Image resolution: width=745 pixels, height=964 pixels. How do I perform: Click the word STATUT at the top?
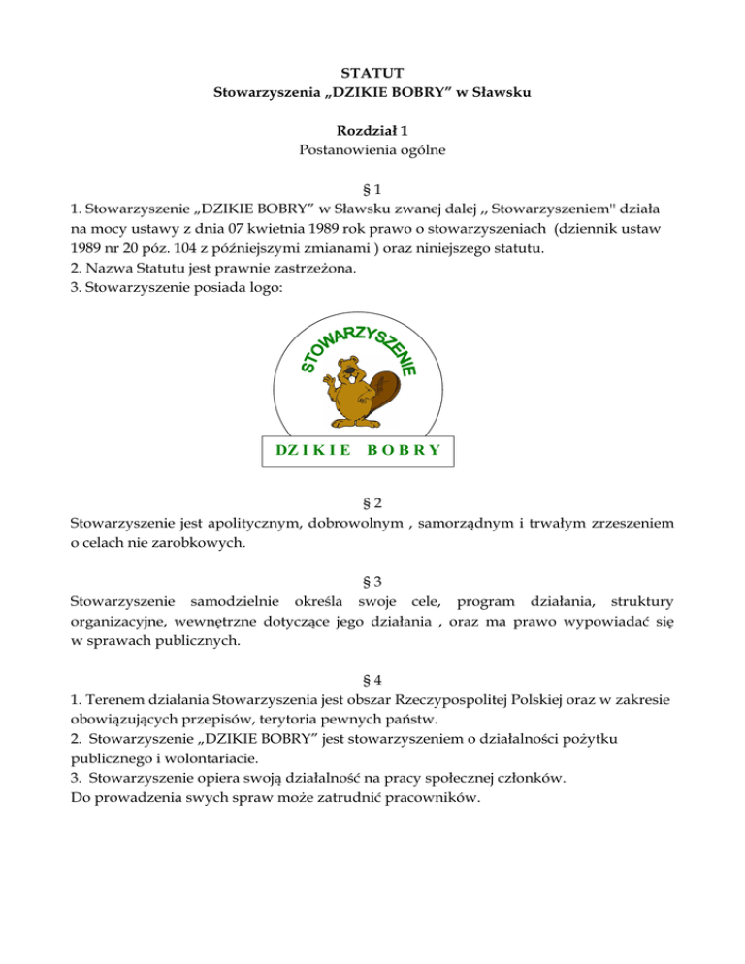pyautogui.click(x=372, y=72)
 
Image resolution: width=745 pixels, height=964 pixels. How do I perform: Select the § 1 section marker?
pyautogui.click(x=372, y=187)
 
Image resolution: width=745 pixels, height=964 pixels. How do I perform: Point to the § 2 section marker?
pyautogui.click(x=372, y=502)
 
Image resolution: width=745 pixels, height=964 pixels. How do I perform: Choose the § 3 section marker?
pyautogui.click(x=372, y=586)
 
